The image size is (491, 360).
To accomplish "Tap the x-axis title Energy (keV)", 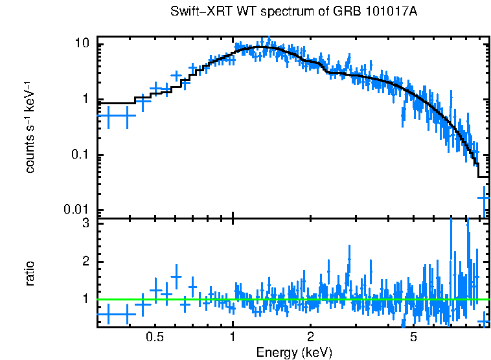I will (x=294, y=352).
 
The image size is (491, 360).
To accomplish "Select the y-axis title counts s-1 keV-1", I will (x=30, y=126).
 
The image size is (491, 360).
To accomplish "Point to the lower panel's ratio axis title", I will (x=30, y=273).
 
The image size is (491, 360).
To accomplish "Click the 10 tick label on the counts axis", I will (x=83, y=43).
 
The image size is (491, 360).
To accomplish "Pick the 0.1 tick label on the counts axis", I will (x=80, y=155).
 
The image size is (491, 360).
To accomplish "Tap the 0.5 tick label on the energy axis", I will (x=154, y=337).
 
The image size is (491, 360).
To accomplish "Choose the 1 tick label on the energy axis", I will (x=233, y=337).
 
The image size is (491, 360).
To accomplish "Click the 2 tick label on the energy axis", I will (x=311, y=337).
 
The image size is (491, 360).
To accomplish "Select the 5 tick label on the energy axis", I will (x=414, y=337).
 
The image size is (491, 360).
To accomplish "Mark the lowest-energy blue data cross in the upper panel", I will (x=108, y=115).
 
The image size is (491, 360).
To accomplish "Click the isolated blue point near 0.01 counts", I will (x=483, y=196).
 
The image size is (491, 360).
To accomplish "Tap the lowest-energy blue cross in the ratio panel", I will (x=108, y=315).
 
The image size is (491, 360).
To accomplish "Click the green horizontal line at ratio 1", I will (x=291, y=299).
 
